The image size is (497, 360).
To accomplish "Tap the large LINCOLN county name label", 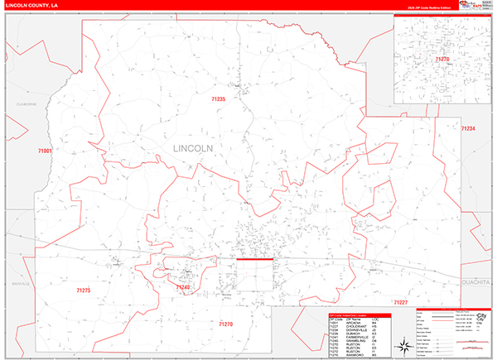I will (193, 148).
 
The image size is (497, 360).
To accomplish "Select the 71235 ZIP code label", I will (219, 99).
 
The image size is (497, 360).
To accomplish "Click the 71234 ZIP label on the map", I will (468, 128).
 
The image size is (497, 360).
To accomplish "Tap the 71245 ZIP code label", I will (183, 287).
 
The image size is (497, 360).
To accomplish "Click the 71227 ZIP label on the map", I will (401, 302).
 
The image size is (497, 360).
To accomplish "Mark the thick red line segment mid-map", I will (255, 259).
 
